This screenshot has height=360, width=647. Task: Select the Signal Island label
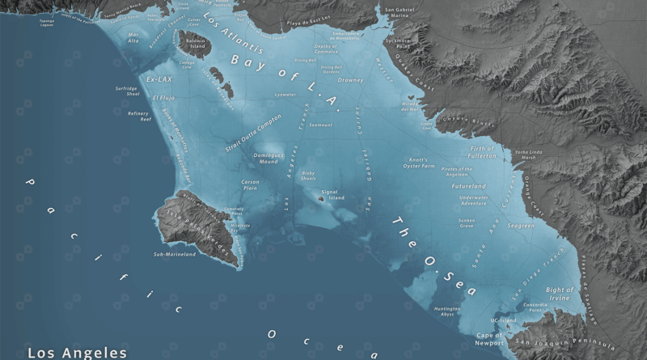point(333,195)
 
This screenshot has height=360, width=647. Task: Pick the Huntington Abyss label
point(447,311)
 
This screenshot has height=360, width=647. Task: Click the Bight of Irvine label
point(560,294)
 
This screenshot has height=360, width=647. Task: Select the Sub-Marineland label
point(175,254)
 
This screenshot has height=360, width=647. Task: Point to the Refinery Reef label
point(139,116)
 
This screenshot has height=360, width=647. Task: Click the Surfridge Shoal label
point(127,91)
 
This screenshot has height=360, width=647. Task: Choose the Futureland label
point(468,186)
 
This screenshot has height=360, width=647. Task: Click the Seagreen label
point(520,226)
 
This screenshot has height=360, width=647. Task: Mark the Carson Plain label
point(250,185)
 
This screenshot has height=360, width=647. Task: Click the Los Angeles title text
point(77,352)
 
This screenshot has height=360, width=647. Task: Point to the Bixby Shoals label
point(308,176)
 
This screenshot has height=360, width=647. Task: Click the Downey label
point(350,80)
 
